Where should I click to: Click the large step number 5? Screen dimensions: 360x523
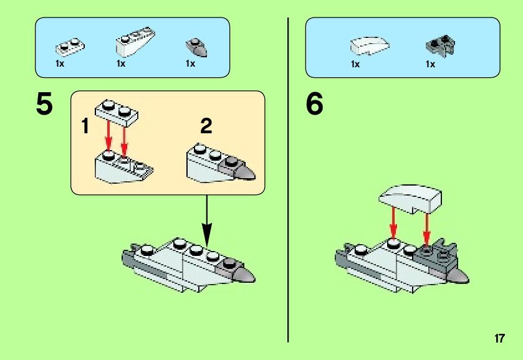[x=44, y=104]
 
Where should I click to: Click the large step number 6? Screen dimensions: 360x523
[x=314, y=104]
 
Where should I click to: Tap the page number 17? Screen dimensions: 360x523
[x=499, y=339]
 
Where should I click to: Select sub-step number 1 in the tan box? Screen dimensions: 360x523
[x=85, y=128]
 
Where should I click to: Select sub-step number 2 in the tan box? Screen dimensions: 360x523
[x=206, y=126]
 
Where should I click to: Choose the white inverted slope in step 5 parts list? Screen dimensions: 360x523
[x=135, y=42]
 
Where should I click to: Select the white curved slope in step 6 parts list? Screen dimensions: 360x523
[x=371, y=45]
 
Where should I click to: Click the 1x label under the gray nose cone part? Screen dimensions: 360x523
[x=190, y=64]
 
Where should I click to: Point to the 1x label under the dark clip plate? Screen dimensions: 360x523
[x=430, y=64]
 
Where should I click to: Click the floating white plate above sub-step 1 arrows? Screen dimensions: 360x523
[x=117, y=113]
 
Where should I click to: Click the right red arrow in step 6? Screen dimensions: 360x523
[x=427, y=227]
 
